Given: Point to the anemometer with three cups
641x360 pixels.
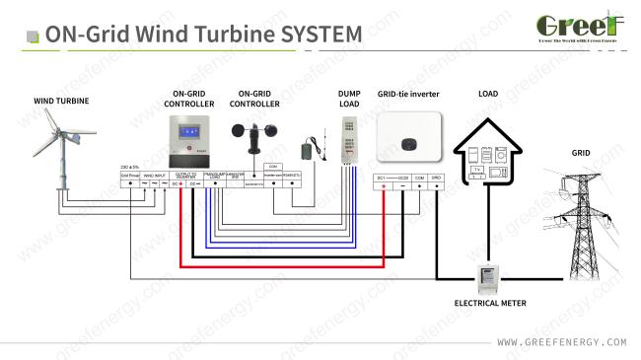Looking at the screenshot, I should pyautogui.click(x=249, y=135).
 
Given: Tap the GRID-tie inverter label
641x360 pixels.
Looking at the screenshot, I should pyautogui.click(x=407, y=95).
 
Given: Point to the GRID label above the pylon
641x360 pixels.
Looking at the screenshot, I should pyautogui.click(x=582, y=153).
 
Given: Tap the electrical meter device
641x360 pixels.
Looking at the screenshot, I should pyautogui.click(x=489, y=278).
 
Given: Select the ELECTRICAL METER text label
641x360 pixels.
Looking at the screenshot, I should pyautogui.click(x=489, y=305).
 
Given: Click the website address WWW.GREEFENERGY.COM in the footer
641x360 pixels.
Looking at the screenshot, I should pyautogui.click(x=562, y=342).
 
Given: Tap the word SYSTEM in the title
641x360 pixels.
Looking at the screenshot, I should pyautogui.click(x=320, y=34).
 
